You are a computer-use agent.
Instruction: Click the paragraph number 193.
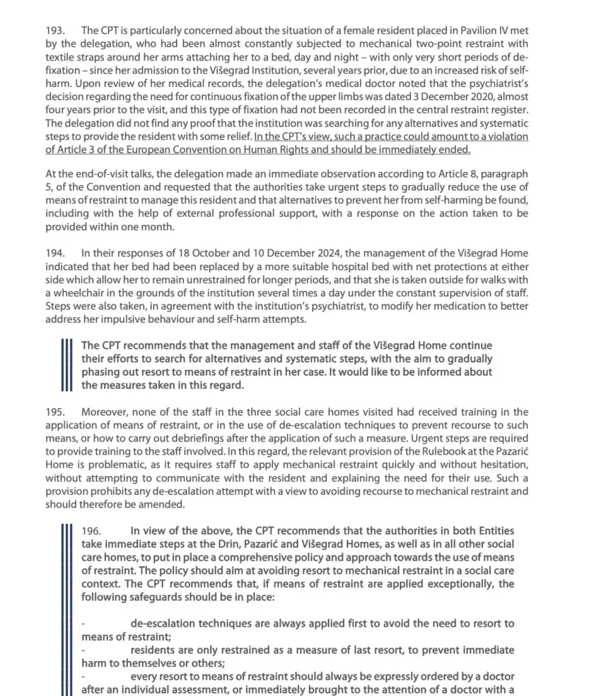(x=55, y=31)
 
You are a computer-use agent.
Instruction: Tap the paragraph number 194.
(x=55, y=255)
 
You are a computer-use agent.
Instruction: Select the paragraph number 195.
(x=55, y=412)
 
